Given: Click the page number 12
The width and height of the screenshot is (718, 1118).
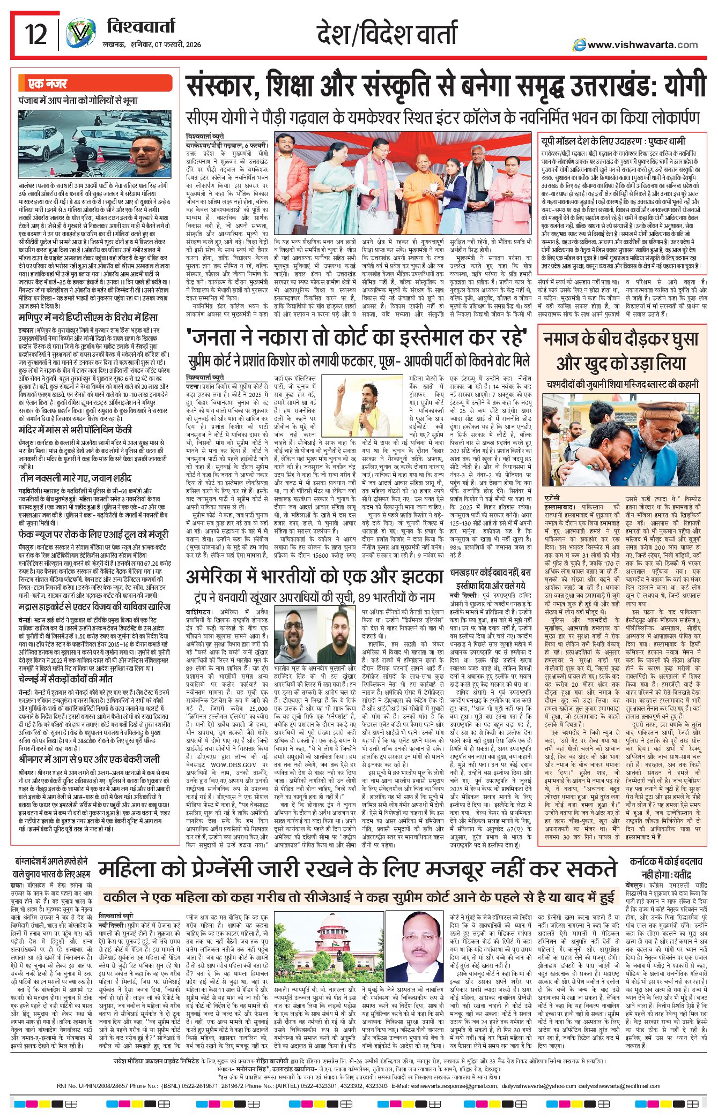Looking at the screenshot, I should (x=36, y=35).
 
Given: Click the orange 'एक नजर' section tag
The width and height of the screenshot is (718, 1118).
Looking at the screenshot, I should (x=48, y=84).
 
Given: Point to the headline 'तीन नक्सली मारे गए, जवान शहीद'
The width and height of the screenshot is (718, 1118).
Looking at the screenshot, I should (x=75, y=478).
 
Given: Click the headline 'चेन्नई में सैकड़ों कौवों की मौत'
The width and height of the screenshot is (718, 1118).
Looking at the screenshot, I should (x=65, y=679).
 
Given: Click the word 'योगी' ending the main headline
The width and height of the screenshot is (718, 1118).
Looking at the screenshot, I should (x=684, y=86).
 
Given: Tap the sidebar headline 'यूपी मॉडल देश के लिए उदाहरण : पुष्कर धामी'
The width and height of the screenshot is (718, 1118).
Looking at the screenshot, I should (x=612, y=141).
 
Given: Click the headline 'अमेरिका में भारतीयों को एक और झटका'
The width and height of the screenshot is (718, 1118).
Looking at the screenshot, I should (x=315, y=579).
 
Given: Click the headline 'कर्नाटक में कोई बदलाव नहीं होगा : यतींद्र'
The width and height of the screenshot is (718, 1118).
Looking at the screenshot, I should (x=665, y=867).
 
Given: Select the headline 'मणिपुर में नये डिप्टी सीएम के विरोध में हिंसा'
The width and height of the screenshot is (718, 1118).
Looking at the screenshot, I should (x=88, y=318).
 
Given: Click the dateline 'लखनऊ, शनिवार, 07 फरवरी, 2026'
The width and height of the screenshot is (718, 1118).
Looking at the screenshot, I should (x=152, y=44).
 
